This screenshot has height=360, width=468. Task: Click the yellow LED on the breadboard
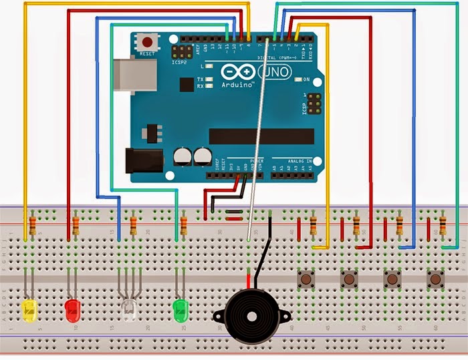[29, 309]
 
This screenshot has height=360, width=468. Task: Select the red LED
[72, 309]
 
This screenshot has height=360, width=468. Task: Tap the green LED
[180, 308]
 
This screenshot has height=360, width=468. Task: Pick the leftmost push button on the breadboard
[307, 278]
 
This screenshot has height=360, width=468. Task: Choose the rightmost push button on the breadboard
[435, 278]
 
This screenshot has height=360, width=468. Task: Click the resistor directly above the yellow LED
[33, 222]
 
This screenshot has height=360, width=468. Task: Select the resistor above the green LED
[183, 222]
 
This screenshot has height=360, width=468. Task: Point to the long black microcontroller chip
[261, 136]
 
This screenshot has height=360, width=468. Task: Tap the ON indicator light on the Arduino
[297, 80]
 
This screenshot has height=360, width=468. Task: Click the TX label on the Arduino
[199, 79]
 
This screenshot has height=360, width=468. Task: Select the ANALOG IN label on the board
[297, 161]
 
